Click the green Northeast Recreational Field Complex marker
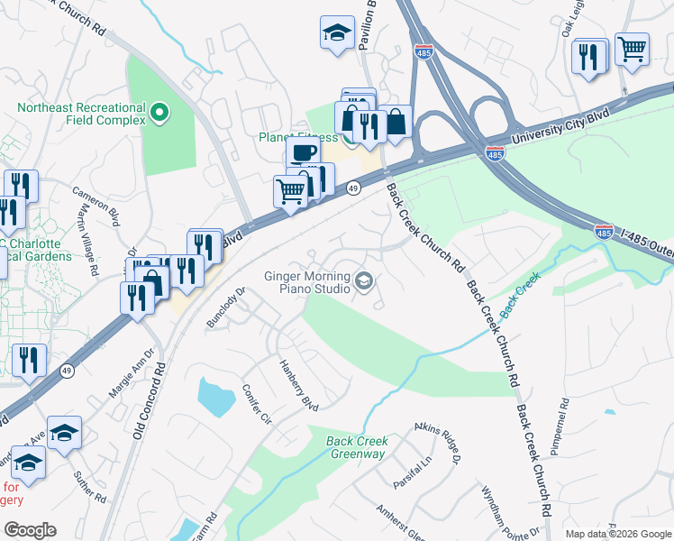point(159,114)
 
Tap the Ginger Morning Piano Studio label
point(306,282)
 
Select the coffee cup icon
point(305,151)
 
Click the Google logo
point(31,529)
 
